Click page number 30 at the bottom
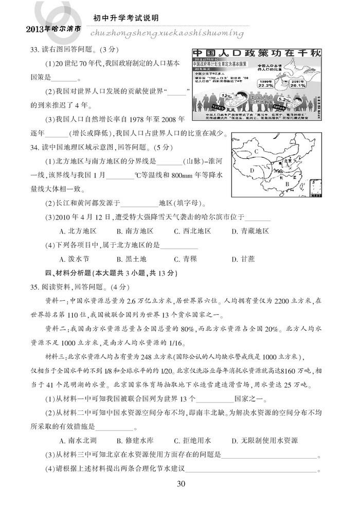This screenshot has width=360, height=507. tap(180, 483)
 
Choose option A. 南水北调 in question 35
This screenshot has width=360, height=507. tap(78, 441)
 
